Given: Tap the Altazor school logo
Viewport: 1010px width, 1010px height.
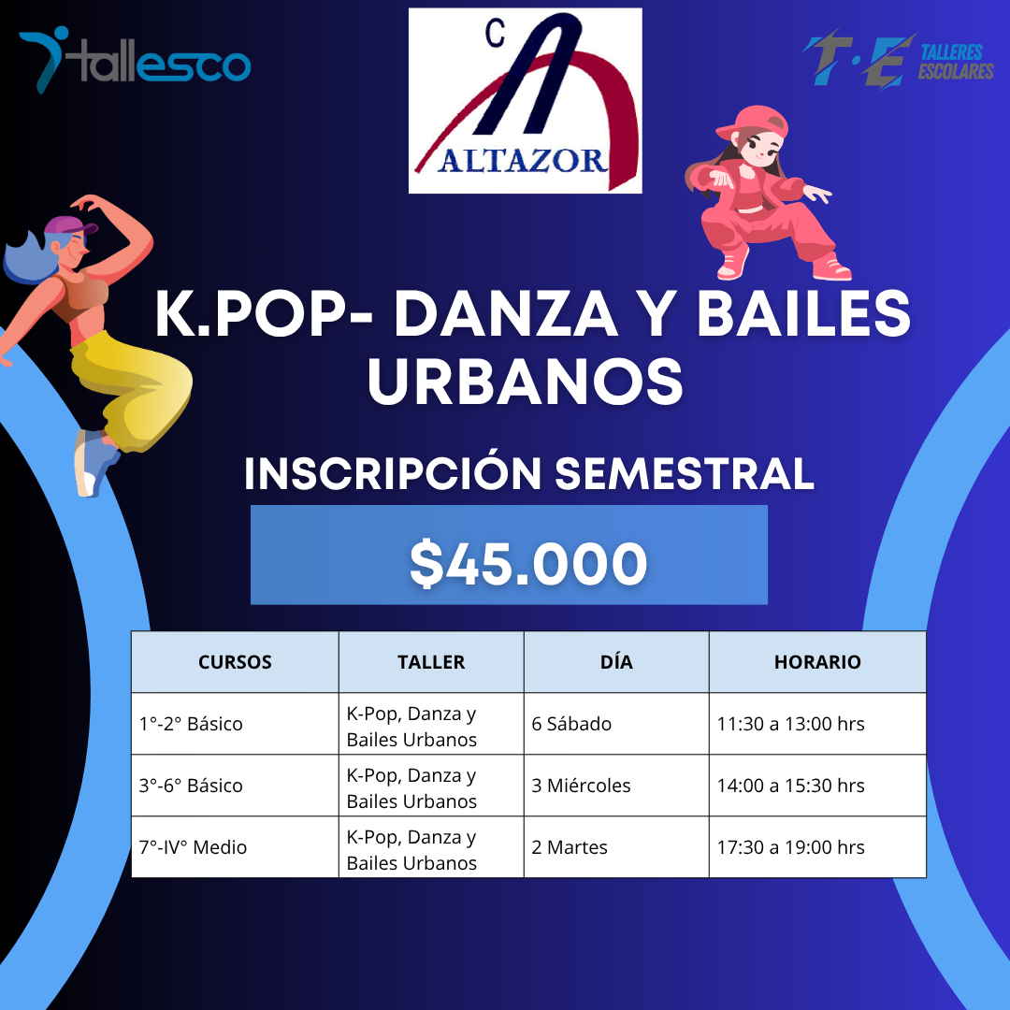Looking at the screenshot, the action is click(x=525, y=100).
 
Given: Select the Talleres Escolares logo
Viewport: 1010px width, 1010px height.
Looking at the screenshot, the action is click(x=897, y=60).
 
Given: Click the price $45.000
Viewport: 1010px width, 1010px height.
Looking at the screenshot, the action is click(x=528, y=564).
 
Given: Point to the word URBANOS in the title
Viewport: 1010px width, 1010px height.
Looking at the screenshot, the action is click(x=525, y=382).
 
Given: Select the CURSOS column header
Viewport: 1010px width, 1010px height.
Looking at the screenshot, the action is click(x=235, y=662).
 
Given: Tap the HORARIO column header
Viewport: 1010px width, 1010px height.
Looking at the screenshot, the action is click(x=817, y=662).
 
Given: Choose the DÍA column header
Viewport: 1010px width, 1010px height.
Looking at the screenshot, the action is click(x=616, y=662).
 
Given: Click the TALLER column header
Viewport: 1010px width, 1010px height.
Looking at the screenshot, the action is click(x=431, y=662).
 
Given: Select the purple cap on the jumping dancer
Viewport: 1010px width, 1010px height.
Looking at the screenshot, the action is click(x=69, y=226).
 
